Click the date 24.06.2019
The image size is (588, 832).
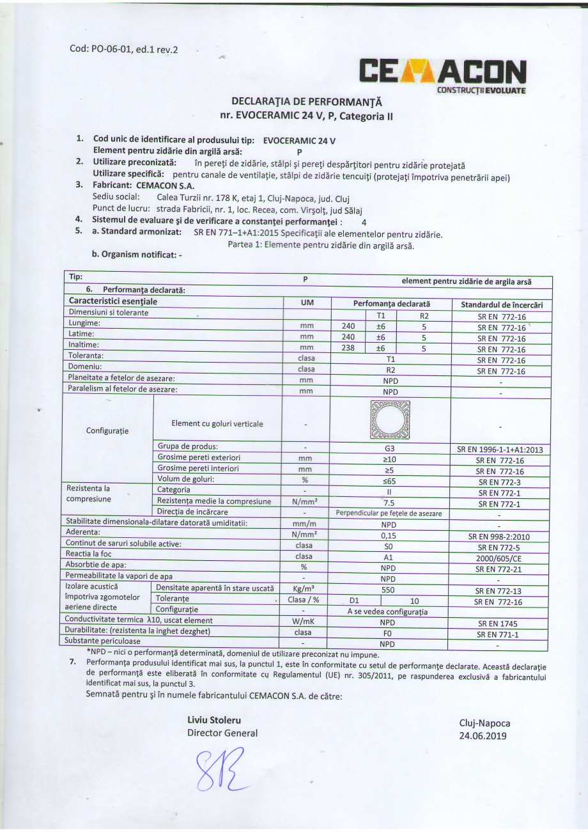click(x=483, y=735)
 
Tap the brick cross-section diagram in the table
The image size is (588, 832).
click(x=389, y=420)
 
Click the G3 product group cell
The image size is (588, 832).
click(x=389, y=450)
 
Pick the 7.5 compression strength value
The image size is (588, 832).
click(x=389, y=503)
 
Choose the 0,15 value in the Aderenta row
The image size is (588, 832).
click(x=389, y=536)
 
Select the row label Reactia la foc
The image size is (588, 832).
click(x=89, y=553)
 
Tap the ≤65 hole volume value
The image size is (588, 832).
click(x=389, y=480)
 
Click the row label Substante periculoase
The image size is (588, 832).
click(x=104, y=641)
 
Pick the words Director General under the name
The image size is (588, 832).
click(x=222, y=733)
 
